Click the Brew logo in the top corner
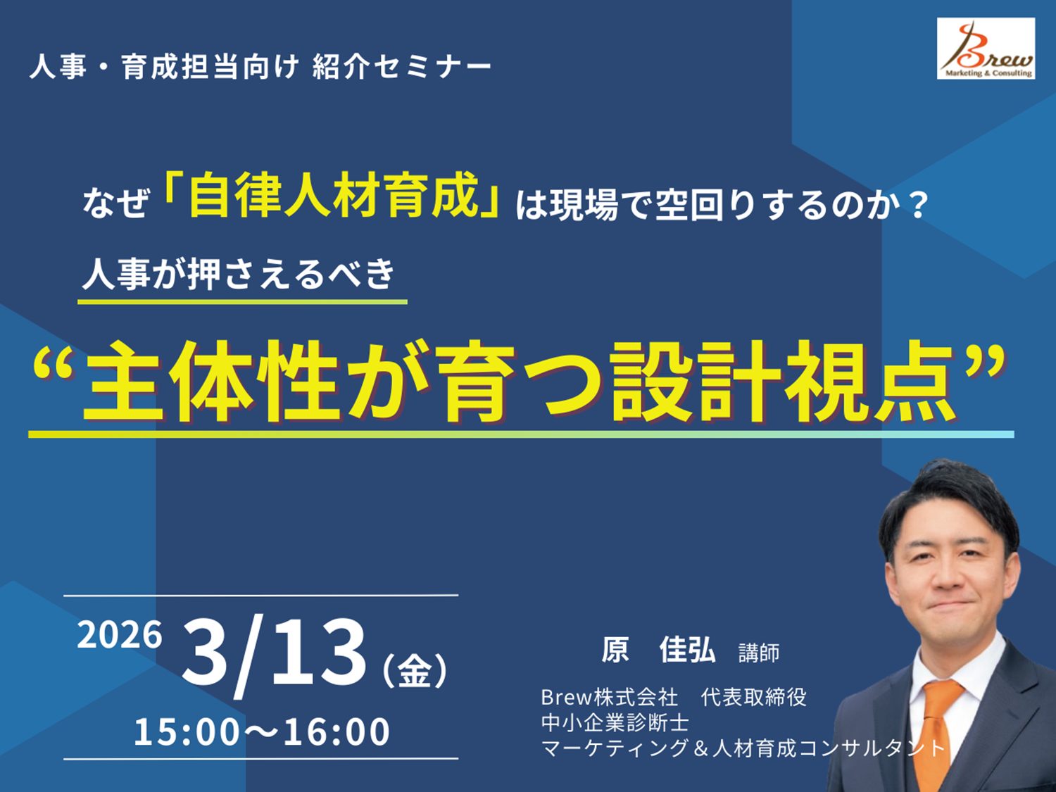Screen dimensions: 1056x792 [986, 49]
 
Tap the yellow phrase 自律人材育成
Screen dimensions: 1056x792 [334, 196]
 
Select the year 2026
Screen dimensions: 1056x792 [120, 635]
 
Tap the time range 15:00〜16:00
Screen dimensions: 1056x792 [262, 732]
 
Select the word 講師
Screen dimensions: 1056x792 [759, 653]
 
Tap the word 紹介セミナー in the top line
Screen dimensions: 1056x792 [401, 67]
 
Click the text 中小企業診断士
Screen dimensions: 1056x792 [615, 722]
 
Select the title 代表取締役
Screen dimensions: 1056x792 [753, 697]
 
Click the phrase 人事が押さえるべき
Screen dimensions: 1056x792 [239, 275]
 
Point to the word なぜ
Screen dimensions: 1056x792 [115, 203]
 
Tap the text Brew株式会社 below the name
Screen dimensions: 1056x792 [609, 697]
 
